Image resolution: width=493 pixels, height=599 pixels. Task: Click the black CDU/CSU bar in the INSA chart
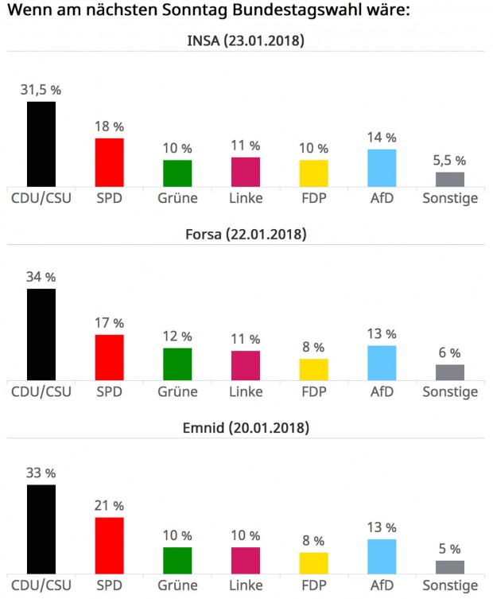(41, 143)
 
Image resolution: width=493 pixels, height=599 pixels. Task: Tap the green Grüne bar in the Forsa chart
(177, 364)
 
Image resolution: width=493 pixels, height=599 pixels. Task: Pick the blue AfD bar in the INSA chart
(382, 167)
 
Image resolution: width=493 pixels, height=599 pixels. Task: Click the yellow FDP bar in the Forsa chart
(313, 369)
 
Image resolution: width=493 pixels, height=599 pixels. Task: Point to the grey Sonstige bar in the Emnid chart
(450, 566)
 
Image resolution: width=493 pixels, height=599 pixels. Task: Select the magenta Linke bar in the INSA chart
(246, 171)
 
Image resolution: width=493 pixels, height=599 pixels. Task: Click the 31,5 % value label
(41, 90)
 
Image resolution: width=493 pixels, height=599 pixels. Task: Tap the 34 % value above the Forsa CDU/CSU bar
(41, 277)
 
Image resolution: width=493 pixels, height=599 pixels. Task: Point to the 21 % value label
(110, 506)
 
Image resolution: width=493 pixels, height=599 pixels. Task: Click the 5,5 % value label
(450, 161)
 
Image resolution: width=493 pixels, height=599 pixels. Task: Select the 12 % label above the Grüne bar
(177, 336)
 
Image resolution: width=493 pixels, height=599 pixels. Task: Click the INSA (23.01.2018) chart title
(246, 41)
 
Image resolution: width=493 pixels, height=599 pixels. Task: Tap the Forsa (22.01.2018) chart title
(246, 234)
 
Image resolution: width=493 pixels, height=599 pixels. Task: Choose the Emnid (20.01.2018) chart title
(246, 428)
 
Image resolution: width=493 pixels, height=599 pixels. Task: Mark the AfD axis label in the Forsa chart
(382, 391)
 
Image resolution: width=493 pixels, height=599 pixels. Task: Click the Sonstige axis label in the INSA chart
(450, 197)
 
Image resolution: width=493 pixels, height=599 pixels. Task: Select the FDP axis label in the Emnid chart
(313, 585)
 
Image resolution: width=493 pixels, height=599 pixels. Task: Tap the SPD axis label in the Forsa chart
(110, 391)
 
